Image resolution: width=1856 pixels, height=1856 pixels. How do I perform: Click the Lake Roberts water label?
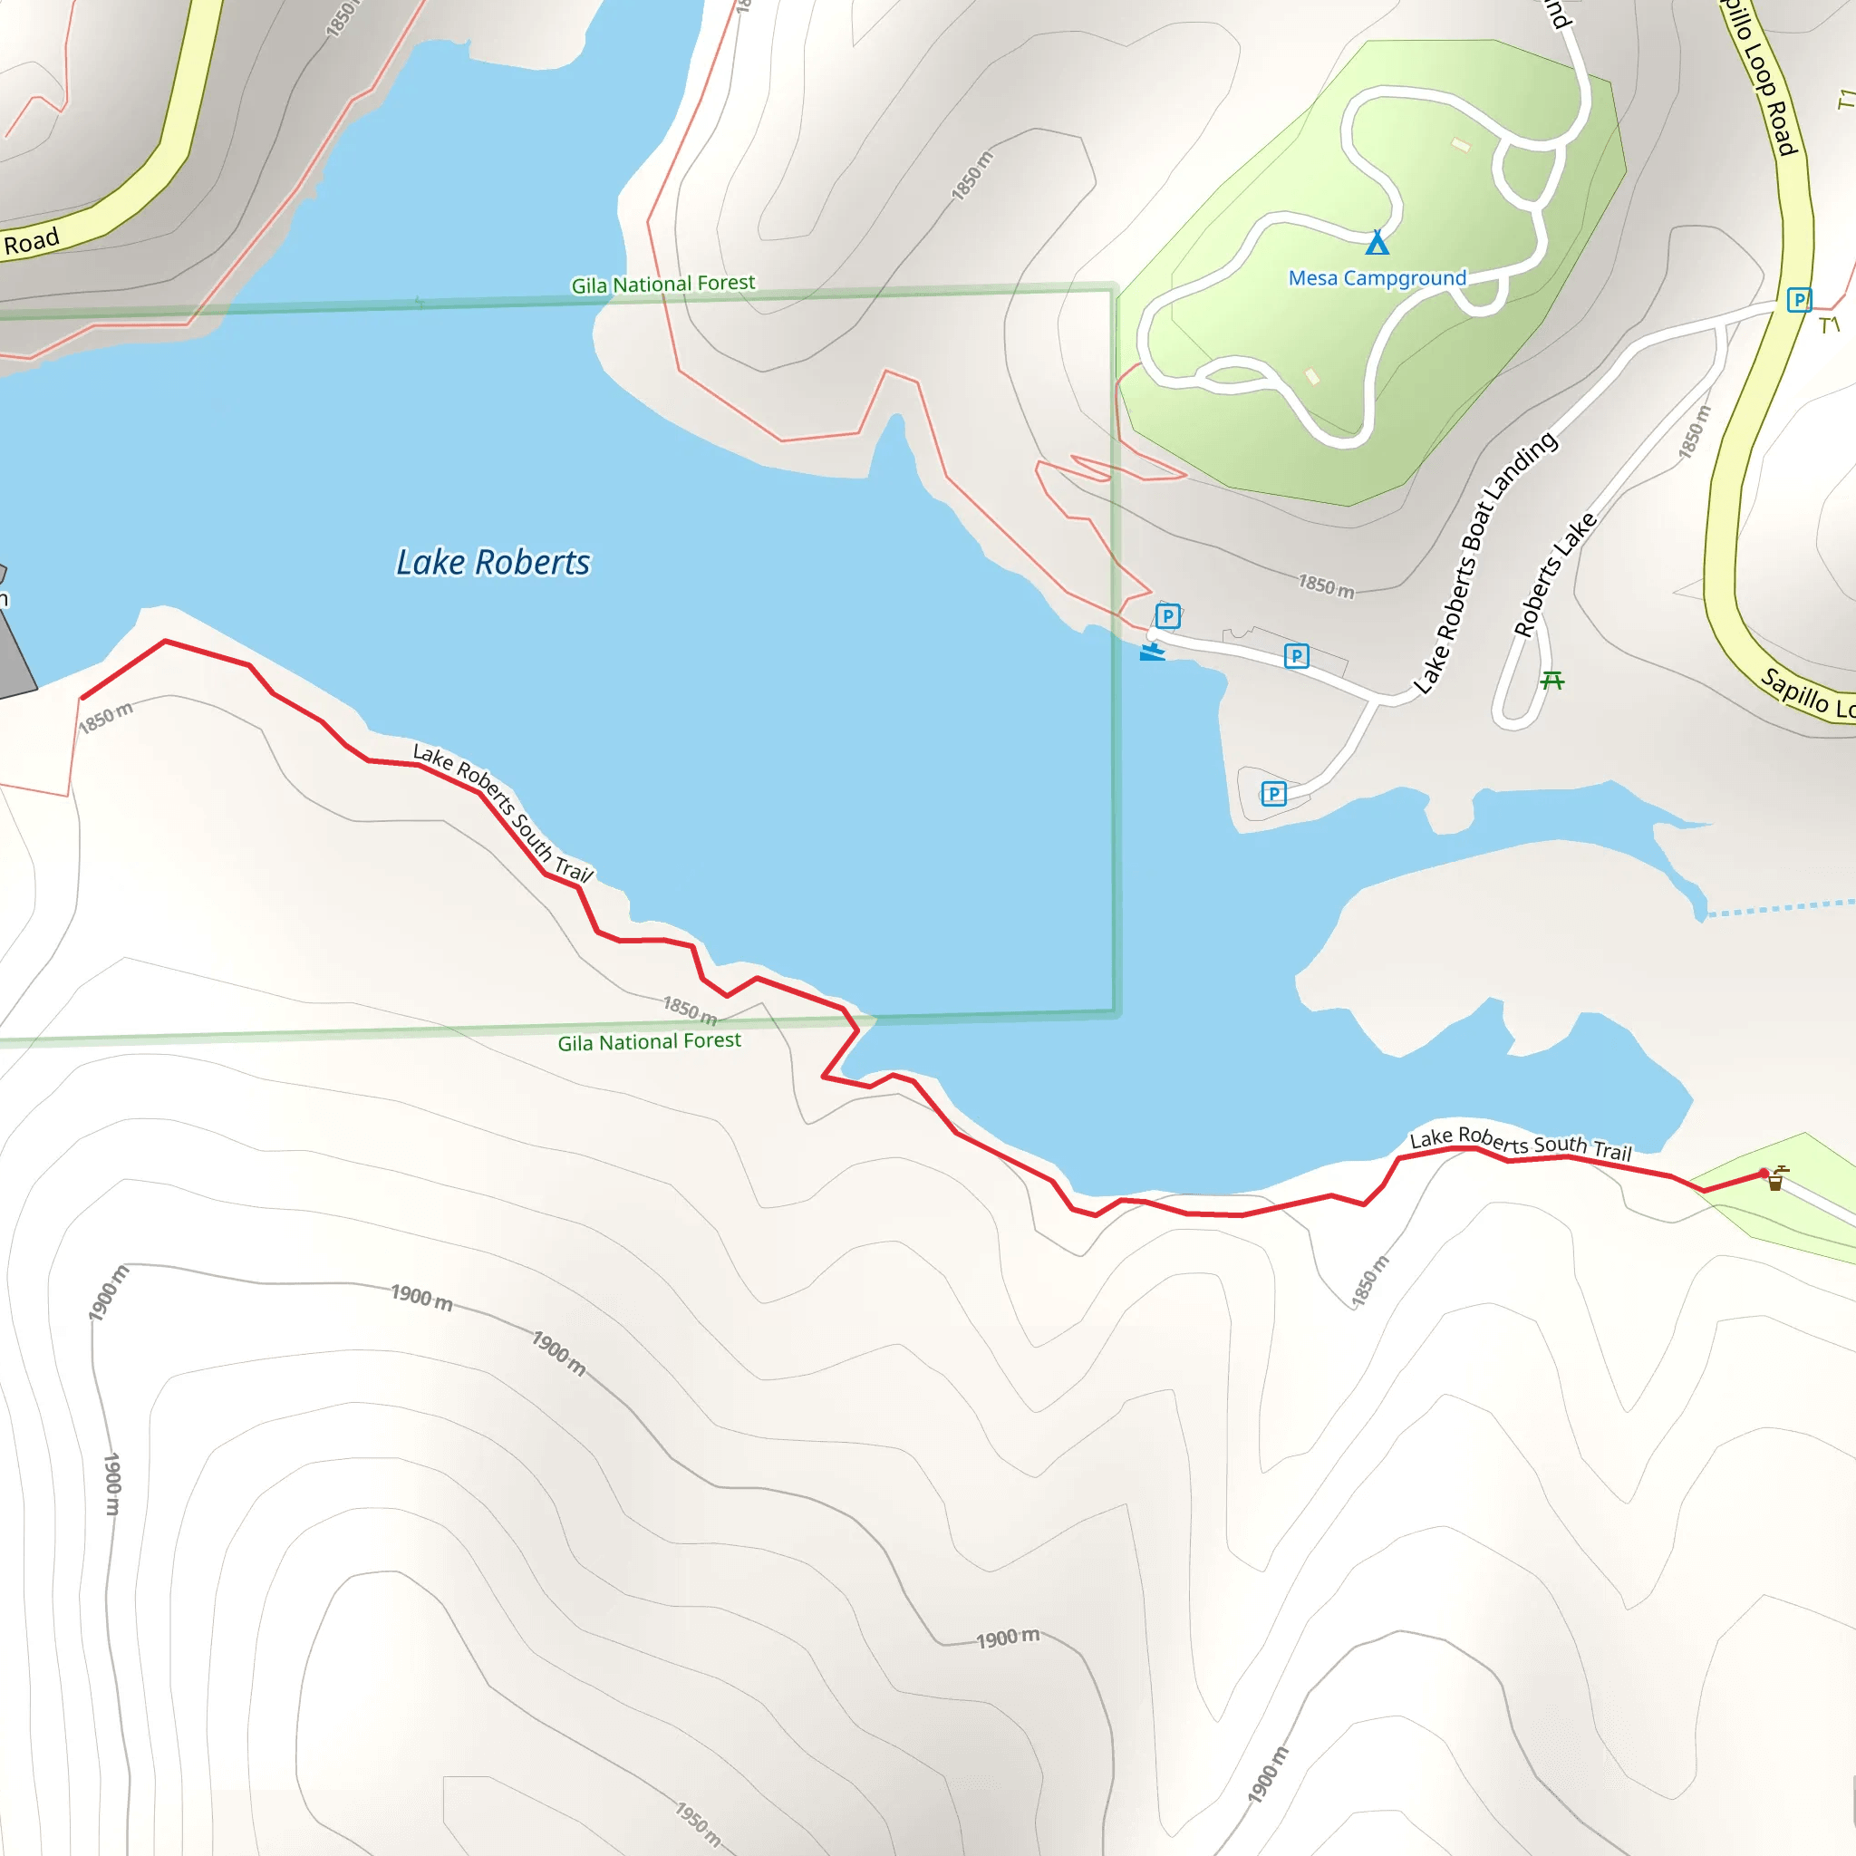click(493, 562)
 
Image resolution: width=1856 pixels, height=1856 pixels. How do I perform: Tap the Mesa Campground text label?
click(1377, 278)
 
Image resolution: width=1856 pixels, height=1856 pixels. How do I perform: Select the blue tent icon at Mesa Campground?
click(1377, 242)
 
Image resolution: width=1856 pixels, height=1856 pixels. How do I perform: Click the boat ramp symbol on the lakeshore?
click(1152, 652)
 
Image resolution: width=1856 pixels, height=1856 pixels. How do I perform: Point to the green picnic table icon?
click(1552, 681)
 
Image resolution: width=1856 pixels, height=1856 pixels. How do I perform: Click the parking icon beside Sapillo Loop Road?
click(1798, 300)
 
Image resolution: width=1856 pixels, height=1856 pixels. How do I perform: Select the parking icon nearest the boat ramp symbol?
click(1167, 615)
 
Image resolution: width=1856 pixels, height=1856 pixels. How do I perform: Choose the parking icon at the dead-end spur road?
click(1274, 794)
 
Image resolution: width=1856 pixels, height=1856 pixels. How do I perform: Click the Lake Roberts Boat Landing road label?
click(1484, 562)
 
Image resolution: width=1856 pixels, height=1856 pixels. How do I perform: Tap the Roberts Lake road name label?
click(1554, 575)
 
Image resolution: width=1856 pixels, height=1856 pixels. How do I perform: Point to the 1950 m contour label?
click(699, 1823)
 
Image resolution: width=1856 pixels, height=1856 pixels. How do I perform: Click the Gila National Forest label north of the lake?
click(662, 285)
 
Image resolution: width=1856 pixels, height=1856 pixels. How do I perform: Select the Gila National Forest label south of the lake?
click(650, 1041)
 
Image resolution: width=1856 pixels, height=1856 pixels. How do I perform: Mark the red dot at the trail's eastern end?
click(1764, 1173)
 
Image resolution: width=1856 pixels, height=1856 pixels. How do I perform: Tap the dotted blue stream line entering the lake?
click(1777, 907)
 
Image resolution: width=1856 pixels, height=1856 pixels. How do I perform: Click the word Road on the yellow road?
click(31, 241)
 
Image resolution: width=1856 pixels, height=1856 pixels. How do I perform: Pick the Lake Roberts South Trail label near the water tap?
click(1521, 1142)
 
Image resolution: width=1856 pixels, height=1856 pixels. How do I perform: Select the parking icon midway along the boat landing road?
click(1296, 656)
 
